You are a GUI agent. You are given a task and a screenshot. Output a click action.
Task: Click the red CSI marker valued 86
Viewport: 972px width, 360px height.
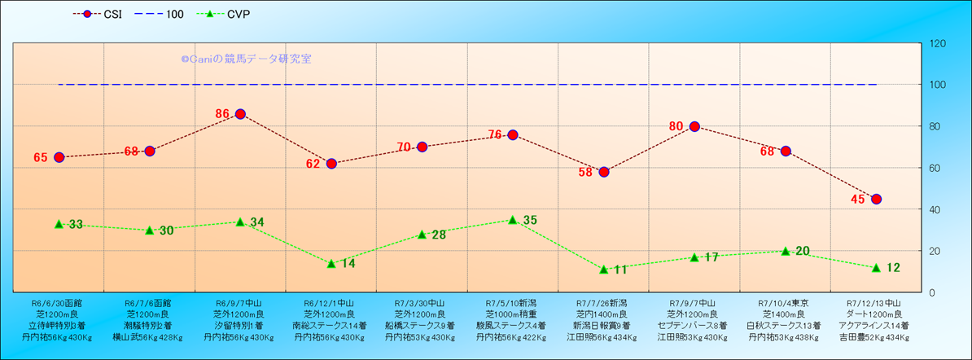[x=240, y=114]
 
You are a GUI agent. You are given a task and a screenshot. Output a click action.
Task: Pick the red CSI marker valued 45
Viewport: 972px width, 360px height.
[x=876, y=199]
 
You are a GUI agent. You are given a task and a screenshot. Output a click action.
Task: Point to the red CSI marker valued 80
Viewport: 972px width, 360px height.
[x=694, y=126]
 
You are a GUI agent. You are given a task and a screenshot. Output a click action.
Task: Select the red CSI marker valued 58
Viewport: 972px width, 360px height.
[x=604, y=172]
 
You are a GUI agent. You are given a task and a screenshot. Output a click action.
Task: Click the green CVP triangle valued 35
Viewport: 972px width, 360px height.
[x=513, y=220]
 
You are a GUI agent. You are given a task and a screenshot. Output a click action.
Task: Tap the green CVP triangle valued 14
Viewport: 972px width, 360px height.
[x=331, y=263]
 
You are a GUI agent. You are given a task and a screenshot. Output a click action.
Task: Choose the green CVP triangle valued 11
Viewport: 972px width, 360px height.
[x=604, y=270]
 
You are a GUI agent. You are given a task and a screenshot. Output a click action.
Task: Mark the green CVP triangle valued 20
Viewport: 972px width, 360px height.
[x=786, y=251]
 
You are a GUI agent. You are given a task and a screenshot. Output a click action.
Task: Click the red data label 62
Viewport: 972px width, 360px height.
[x=313, y=164]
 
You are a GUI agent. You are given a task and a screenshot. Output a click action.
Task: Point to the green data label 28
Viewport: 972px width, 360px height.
[x=438, y=235]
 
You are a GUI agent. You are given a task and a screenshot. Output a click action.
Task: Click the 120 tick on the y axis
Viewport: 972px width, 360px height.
[x=937, y=43]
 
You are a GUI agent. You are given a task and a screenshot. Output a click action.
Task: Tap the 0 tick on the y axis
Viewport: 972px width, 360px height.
[x=931, y=292]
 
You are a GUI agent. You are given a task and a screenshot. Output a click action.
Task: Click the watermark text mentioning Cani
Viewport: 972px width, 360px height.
[x=245, y=59]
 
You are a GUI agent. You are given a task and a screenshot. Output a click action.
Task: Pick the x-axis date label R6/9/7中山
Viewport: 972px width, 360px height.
[x=240, y=302]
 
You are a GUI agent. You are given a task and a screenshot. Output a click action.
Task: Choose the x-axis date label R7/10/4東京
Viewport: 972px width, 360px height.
[x=786, y=302]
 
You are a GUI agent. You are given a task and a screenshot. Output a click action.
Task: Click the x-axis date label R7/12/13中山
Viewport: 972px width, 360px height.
[x=876, y=302]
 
